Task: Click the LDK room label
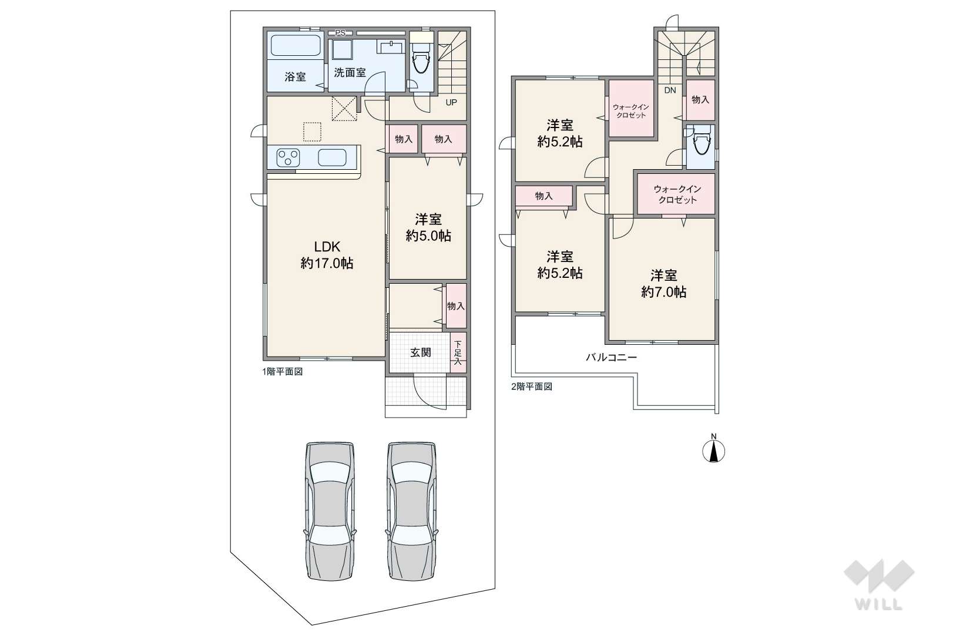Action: coord(327,247)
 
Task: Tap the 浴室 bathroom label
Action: coord(295,77)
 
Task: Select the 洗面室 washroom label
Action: coord(350,73)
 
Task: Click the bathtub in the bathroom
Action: coord(296,45)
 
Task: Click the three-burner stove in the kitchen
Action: coord(288,157)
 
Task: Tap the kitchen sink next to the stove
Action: coord(332,157)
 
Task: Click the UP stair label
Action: coord(451,102)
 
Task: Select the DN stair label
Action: coord(670,90)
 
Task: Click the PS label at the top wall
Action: coord(340,33)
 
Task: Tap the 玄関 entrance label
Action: coord(420,352)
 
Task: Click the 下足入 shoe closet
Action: coord(458,353)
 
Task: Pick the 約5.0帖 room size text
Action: coord(428,236)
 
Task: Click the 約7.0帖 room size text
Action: coord(663,292)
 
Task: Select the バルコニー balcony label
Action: coord(611,358)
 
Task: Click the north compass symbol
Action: coord(714,451)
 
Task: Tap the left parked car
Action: coord(330,512)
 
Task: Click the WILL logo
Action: coord(879,585)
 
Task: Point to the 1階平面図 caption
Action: coord(283,372)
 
